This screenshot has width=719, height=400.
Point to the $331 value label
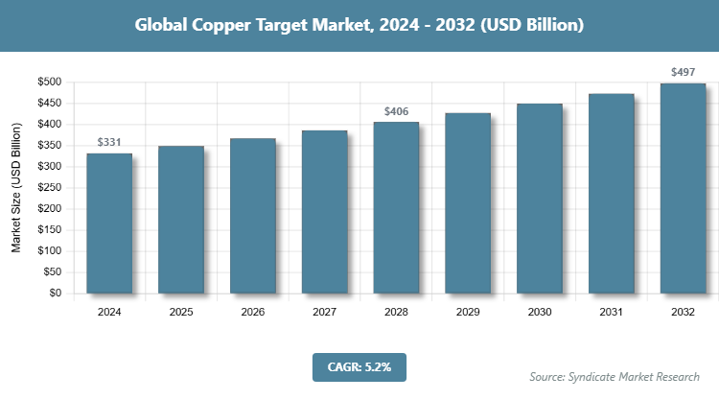point(109,143)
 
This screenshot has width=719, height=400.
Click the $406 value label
point(396,111)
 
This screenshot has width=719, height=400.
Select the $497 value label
point(684,72)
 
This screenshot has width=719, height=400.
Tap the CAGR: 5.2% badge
point(359,365)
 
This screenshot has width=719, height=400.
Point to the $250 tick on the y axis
point(50,188)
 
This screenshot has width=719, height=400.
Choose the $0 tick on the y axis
point(57,294)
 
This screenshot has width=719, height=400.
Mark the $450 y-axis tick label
point(50,104)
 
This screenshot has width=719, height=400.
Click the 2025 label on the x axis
point(181,312)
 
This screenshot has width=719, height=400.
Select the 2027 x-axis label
point(325,312)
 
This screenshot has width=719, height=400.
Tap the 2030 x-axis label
point(540,312)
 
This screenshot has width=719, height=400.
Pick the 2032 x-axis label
point(684,312)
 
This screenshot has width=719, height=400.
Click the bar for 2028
point(396,207)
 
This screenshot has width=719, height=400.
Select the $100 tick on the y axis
point(50,251)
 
